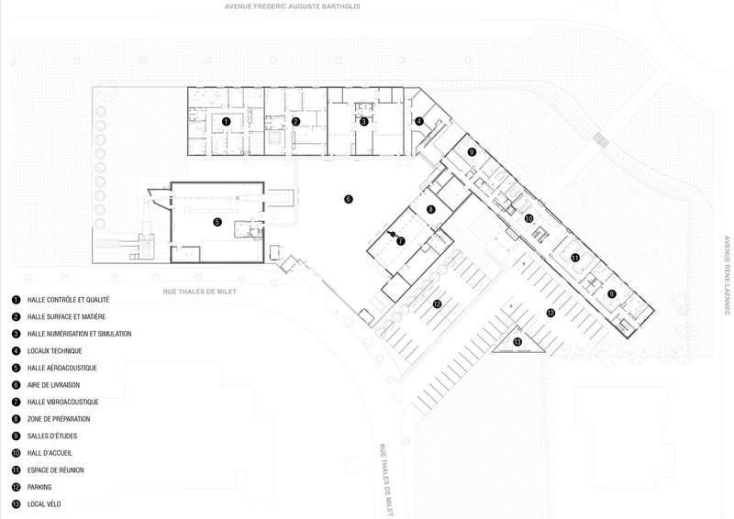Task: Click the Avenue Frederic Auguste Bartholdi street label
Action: click(292, 6)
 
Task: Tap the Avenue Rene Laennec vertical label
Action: click(727, 275)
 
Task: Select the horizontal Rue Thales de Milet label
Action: click(200, 292)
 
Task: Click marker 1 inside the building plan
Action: click(226, 122)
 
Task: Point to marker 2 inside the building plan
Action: click(295, 122)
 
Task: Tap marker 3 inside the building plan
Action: click(363, 122)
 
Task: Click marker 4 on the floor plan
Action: click(419, 122)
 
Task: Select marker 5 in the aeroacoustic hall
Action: click(217, 222)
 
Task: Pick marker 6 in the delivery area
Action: click(349, 199)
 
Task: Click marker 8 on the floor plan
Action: click(430, 210)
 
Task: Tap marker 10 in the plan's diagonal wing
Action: click(529, 218)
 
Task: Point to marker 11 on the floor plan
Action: click(575, 258)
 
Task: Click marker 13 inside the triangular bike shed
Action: click(517, 342)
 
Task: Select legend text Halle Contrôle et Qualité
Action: click(68, 300)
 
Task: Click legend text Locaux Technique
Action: click(54, 351)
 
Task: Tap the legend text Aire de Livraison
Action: click(53, 385)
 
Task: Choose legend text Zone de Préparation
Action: click(59, 419)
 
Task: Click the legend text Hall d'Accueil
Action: click(50, 453)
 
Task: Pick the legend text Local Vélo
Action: click(44, 504)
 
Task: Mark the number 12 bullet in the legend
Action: click(17, 487)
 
